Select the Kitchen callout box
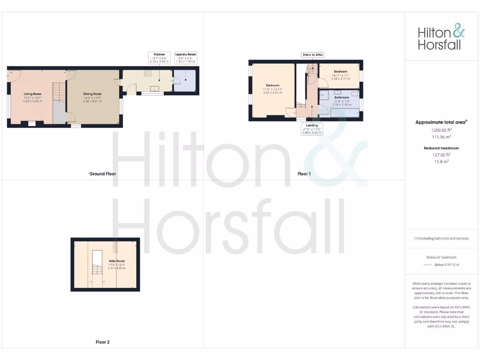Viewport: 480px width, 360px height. [159, 58]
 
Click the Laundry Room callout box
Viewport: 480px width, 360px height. [186, 58]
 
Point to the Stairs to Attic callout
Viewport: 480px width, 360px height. [313, 55]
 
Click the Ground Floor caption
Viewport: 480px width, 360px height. [103, 174]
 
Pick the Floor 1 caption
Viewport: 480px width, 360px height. [304, 174]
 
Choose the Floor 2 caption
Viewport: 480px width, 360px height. [103, 342]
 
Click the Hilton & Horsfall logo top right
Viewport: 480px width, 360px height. [441, 38]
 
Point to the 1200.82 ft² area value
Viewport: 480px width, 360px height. [441, 130]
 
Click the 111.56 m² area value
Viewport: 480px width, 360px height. [441, 137]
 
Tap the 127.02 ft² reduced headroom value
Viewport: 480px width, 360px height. [441, 154]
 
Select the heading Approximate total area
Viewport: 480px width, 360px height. [441, 122]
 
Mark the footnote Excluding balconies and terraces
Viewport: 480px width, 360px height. [441, 239]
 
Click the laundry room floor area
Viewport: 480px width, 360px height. [185, 81]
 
